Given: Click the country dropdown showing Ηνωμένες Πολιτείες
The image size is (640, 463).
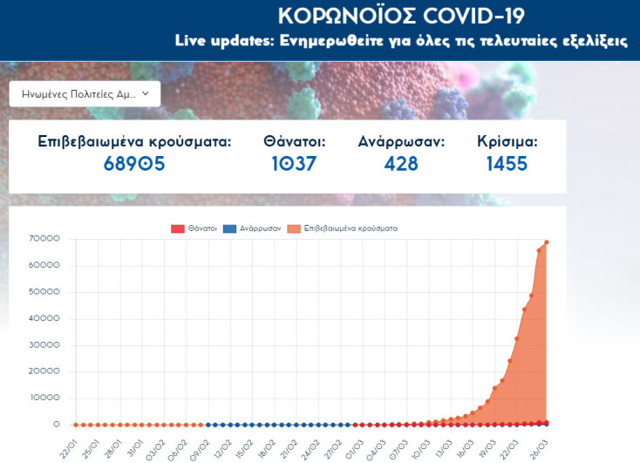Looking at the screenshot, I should [x=85, y=93].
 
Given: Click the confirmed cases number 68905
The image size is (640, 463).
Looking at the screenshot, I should [x=134, y=163].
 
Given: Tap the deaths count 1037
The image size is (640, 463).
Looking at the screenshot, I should [x=293, y=163].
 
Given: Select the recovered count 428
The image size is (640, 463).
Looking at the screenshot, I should [x=401, y=163].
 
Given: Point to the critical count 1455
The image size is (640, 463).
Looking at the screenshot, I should [x=507, y=163].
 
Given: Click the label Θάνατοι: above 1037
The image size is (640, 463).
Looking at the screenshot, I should [x=294, y=141].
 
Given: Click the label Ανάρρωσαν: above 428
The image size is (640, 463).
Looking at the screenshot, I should [x=401, y=141].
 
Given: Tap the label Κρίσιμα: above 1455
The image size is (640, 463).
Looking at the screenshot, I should [x=507, y=141].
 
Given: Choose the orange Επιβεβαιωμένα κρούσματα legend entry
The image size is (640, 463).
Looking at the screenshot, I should [x=344, y=228].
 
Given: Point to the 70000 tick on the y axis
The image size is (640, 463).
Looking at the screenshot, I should [x=44, y=239].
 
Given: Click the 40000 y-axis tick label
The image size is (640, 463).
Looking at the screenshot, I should [x=44, y=318].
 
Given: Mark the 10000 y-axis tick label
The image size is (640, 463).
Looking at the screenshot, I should [x=44, y=398].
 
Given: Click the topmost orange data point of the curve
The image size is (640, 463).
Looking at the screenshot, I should [x=547, y=242].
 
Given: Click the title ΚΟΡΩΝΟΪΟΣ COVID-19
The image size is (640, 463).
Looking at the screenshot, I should [x=401, y=17].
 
